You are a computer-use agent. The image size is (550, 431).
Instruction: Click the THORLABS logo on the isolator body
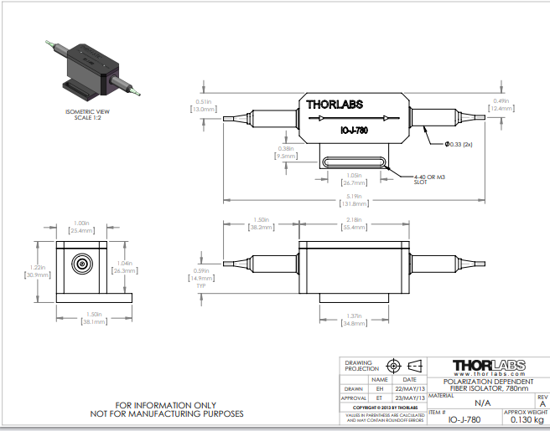click(x=336, y=105)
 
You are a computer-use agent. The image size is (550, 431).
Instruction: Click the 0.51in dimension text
click(x=203, y=105)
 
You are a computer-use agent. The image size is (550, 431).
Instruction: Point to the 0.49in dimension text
click(x=499, y=104)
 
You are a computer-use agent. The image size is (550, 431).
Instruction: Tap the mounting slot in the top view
click(x=353, y=163)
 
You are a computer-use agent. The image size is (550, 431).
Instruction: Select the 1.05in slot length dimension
click(x=353, y=178)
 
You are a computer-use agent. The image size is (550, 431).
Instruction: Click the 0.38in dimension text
click(x=285, y=152)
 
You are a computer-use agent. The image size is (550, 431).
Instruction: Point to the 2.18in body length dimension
click(x=354, y=223)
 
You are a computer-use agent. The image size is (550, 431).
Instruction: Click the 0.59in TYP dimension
click(x=200, y=275)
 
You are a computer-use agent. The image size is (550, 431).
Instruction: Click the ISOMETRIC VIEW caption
click(x=87, y=111)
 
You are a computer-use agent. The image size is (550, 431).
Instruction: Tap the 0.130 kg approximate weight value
click(x=527, y=419)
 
